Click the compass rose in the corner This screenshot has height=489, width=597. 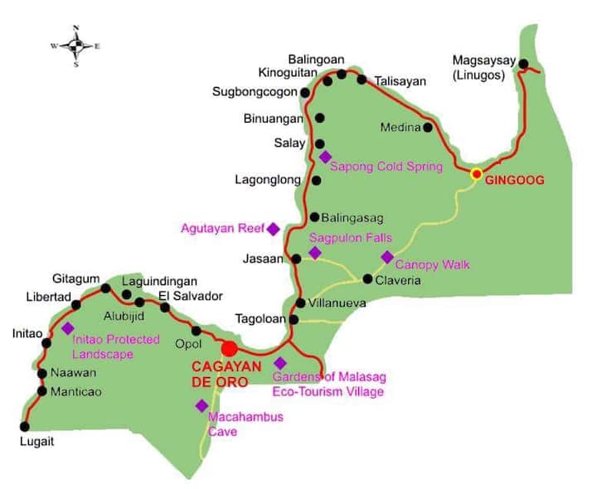coord(75,46)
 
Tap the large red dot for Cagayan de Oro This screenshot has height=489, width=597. coord(230,349)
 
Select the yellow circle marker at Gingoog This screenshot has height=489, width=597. coord(477,174)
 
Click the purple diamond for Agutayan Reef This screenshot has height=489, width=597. coord(272,229)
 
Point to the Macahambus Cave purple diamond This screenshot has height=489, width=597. coord(201,405)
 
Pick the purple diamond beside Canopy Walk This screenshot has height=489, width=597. coord(387,257)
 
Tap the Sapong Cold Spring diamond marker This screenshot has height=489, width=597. coord(325,157)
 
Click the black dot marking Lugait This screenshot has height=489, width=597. coord(25,427)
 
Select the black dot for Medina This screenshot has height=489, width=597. coord(428,128)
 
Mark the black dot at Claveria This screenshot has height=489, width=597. coord(368,278)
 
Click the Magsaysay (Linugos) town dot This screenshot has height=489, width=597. coord(523,63)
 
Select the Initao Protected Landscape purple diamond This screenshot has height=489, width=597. coord(67,328)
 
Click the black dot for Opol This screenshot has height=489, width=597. coord(197,331)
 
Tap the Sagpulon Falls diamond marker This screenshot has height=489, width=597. coord(314,253)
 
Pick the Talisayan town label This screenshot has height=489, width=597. coord(400,81)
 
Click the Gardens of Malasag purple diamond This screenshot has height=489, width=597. coord(280,363)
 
